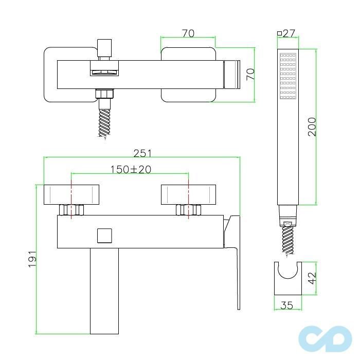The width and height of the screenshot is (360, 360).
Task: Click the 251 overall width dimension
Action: click(x=142, y=153)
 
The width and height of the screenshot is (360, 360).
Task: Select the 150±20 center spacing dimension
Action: click(x=130, y=169)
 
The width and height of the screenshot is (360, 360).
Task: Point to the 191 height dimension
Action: click(x=32, y=259)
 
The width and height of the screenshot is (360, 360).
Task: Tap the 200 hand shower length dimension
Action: click(x=312, y=127)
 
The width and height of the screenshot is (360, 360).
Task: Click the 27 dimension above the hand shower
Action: click(x=289, y=33)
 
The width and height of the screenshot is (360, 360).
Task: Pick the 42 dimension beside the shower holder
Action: click(x=312, y=278)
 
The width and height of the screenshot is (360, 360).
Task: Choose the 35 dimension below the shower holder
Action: click(x=287, y=305)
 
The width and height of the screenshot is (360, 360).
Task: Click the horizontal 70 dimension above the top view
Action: click(x=188, y=33)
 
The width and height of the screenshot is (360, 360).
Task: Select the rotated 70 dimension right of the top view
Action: click(x=250, y=74)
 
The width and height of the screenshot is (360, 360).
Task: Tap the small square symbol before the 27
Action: click(x=279, y=33)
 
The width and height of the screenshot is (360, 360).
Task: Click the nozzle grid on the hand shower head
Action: click(x=288, y=76)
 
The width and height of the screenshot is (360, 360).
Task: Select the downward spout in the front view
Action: click(x=104, y=288)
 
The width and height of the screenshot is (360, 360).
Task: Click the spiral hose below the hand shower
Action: click(x=288, y=240)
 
